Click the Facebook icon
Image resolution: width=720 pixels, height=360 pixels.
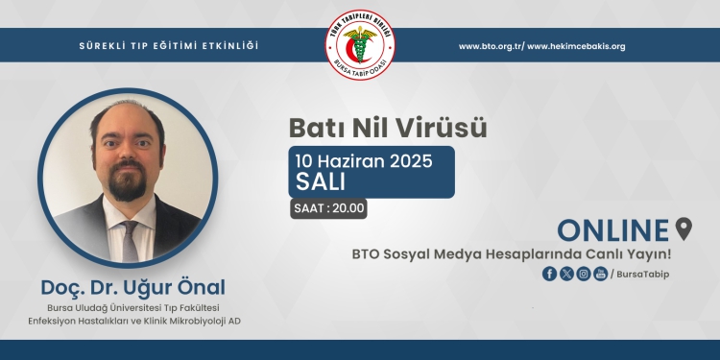pos(550,274)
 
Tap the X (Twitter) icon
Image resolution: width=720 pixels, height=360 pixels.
pos(566,274)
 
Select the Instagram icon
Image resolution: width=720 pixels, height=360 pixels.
pos(584,274)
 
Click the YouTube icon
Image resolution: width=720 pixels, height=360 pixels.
pos(601,274)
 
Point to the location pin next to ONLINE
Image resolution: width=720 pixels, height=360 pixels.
pos(684,228)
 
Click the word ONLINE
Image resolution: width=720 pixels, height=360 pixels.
pos(612,230)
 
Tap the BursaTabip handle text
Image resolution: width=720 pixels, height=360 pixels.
pos(641,275)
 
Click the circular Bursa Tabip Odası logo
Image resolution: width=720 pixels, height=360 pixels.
pos(360,45)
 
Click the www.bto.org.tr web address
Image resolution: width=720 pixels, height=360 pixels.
pos(489,46)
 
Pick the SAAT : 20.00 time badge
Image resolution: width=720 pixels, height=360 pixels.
pos(329,207)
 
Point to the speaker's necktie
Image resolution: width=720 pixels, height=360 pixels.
pos(130,240)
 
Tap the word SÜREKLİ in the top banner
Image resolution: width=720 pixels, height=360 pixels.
pos(103,46)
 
